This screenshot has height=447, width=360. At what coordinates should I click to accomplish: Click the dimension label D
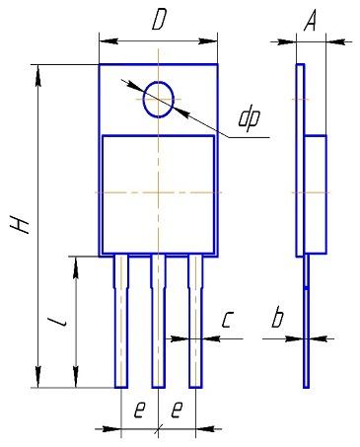click(159, 21)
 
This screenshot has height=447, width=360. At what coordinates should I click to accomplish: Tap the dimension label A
click(310, 22)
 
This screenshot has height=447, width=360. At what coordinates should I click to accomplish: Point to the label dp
click(250, 119)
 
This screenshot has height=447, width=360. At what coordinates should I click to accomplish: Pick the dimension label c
click(227, 320)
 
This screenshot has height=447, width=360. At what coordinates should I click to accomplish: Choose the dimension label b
click(277, 317)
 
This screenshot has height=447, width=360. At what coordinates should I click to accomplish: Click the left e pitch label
click(139, 410)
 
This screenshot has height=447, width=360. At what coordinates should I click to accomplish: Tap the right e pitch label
click(177, 410)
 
